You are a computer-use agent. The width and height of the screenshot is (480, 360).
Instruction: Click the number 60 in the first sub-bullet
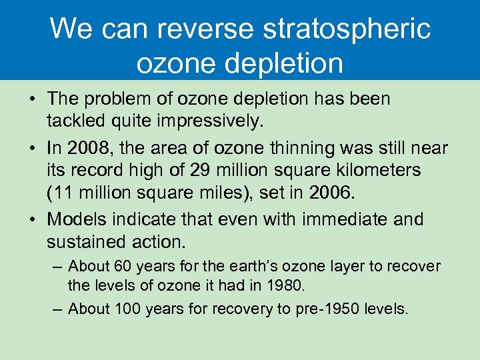123,267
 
